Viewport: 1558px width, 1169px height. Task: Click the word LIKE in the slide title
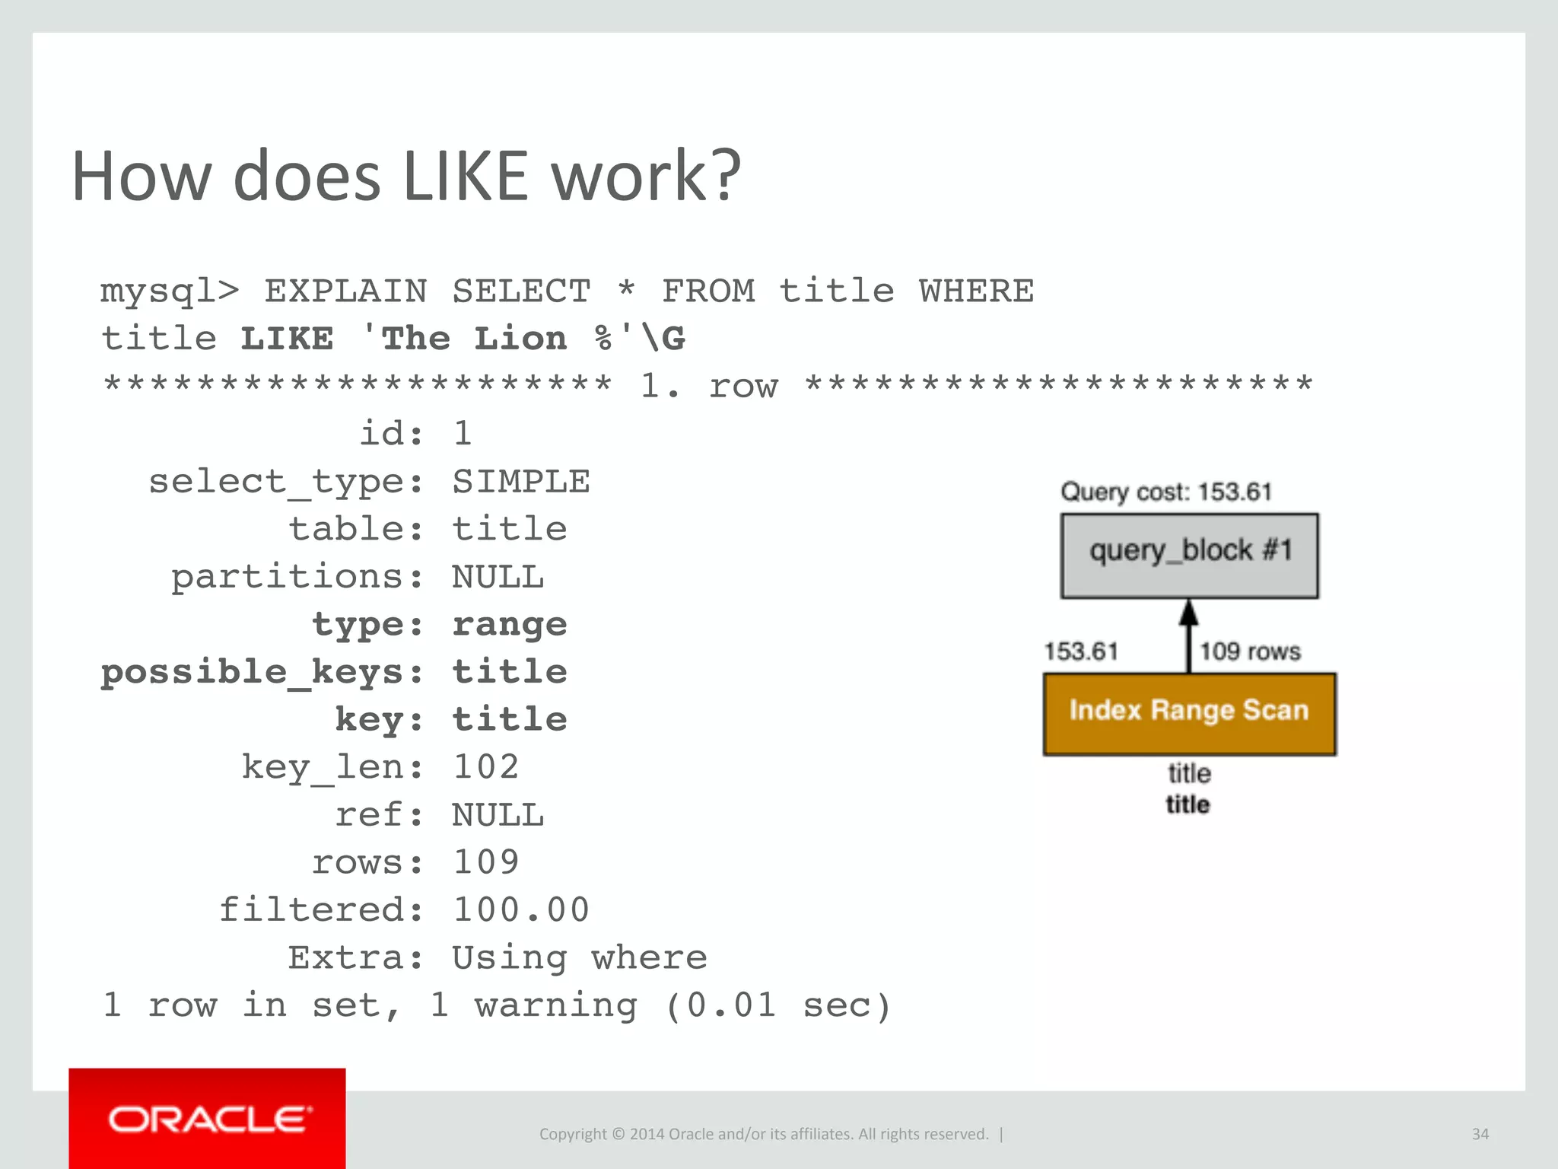(465, 177)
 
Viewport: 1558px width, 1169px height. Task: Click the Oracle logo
(208, 1119)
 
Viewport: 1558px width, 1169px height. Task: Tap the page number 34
(1480, 1134)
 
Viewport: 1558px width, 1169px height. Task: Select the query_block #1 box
(1189, 556)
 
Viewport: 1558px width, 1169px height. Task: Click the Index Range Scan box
(1189, 713)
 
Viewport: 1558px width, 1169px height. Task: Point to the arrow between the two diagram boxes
(1188, 635)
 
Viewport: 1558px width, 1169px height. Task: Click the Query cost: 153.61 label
(1166, 492)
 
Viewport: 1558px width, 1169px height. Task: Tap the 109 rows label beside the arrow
(1250, 651)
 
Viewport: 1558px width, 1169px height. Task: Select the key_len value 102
(485, 767)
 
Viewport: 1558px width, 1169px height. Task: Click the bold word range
(510, 625)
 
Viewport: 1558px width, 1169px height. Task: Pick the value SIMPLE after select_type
(521, 482)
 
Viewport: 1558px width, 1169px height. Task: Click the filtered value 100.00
(521, 910)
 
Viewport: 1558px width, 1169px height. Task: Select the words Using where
(579, 958)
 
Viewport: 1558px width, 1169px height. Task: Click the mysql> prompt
(170, 291)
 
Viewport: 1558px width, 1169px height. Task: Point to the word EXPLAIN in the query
(345, 291)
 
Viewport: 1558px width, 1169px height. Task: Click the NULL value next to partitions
(498, 577)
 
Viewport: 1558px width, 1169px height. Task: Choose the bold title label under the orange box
(1188, 804)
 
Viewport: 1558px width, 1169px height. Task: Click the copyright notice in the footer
(764, 1134)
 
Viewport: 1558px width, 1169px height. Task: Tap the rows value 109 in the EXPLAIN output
(485, 862)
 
